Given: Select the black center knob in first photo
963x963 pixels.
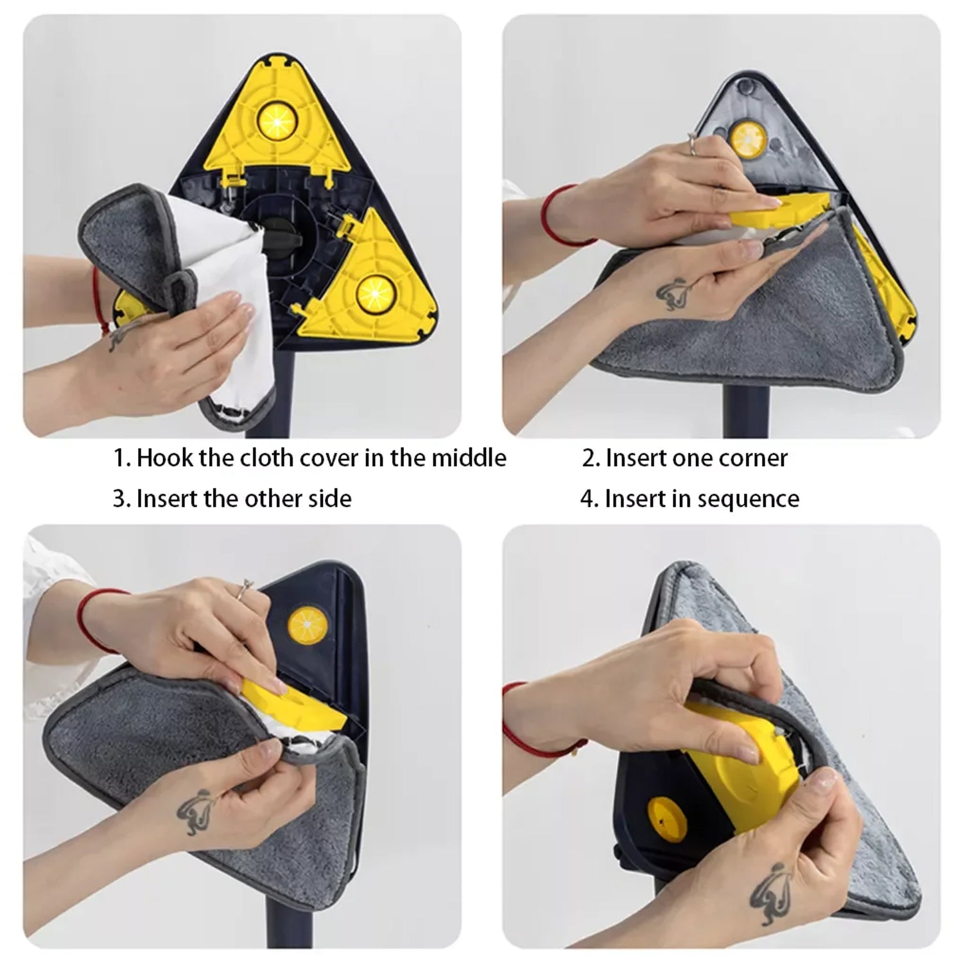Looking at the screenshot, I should (283, 238).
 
